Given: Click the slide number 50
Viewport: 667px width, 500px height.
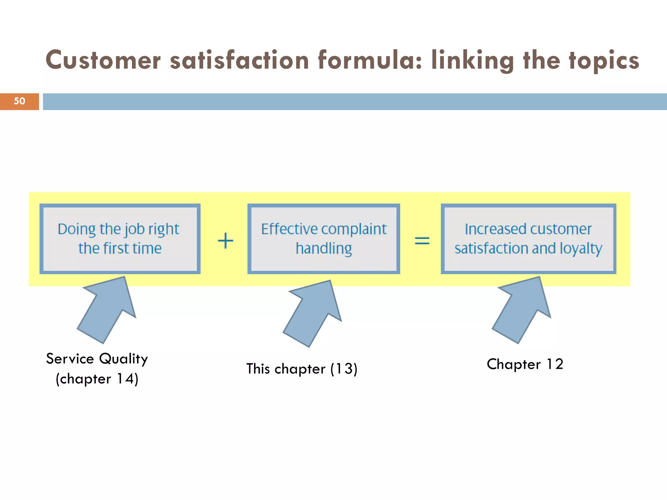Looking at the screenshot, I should click(20, 101).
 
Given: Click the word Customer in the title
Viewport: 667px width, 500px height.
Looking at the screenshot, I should click(103, 60).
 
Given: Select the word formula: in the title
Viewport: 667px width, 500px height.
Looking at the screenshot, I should click(370, 60).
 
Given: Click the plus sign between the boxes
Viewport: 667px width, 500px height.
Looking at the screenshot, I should click(225, 241).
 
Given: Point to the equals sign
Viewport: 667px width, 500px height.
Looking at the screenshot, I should click(422, 241).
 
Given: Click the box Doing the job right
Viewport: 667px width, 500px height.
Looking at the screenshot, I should click(120, 239).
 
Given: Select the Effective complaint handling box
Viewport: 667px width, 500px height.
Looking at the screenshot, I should click(323, 239).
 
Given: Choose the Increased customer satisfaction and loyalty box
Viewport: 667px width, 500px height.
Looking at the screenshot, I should click(528, 239).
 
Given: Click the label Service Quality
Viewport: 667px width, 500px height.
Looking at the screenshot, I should click(97, 359).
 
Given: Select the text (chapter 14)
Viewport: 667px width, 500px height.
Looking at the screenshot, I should click(97, 379).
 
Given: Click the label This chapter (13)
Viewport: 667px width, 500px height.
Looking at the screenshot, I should click(302, 369).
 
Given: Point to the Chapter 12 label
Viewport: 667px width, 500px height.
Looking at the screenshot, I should click(525, 364).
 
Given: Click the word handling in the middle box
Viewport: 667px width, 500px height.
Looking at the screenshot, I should click(324, 249).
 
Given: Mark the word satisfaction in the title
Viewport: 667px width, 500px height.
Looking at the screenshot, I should click(239, 60).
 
